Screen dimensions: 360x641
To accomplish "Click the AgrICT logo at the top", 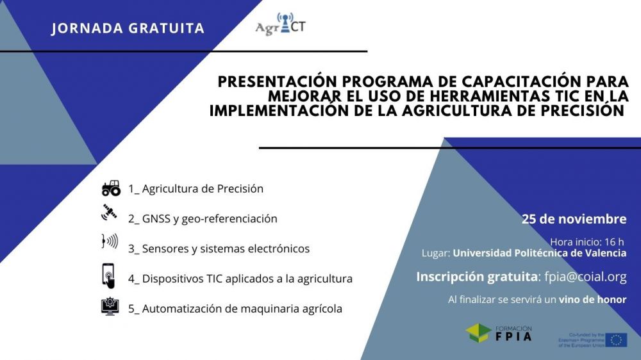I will pos(280,26).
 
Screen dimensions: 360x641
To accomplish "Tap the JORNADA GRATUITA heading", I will pos(128,29).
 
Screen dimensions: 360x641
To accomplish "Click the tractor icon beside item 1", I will pos(111,188).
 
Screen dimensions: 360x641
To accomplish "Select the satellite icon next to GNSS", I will pos(110,213).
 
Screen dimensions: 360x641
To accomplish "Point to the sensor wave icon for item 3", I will pos(110,242).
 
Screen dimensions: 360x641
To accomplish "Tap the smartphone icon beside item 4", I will pos(108,276).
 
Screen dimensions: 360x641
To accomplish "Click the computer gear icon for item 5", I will pos(110,307).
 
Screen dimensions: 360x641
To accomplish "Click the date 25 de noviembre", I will pos(574,219).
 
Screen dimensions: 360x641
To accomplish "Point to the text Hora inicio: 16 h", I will pos(587,241).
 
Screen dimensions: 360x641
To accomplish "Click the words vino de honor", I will pos(592,300).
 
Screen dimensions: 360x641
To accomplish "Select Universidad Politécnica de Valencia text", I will pos(539,253).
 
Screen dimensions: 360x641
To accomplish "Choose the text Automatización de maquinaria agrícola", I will pos(242,309).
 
